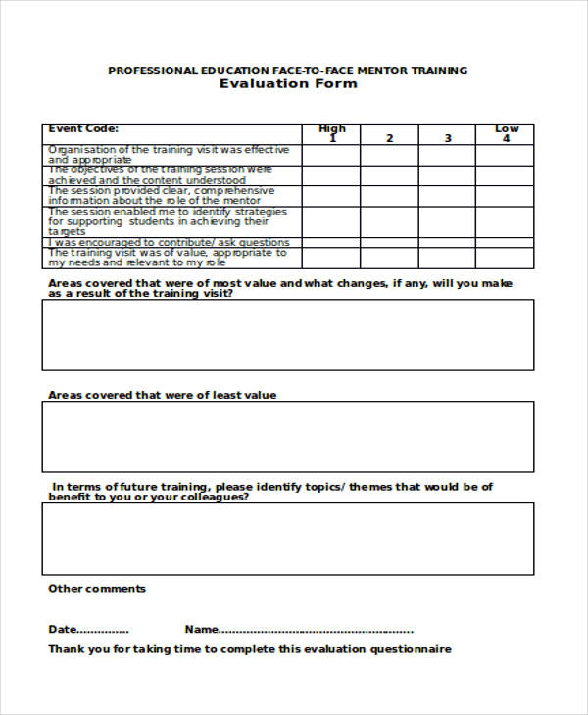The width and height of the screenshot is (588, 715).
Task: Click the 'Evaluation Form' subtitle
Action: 288,84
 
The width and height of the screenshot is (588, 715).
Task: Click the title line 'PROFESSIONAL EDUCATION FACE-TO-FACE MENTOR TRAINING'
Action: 288,71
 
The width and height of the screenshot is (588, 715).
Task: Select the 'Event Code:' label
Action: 84,128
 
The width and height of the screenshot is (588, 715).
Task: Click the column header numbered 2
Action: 389,138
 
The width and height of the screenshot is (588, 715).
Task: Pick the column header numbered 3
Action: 448,138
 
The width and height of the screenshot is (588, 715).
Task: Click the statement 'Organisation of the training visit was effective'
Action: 169,150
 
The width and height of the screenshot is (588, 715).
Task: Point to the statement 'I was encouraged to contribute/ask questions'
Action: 169,242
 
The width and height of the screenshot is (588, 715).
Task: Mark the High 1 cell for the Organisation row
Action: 331,155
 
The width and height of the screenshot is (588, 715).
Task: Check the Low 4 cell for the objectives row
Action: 506,175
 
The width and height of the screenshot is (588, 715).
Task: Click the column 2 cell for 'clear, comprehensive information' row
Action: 389,196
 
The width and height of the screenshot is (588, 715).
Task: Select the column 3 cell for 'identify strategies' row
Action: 448,221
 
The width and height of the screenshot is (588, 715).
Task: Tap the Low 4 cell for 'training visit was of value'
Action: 506,258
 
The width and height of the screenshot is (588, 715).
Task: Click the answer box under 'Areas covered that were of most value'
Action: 288,334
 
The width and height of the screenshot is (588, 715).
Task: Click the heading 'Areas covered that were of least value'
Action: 163,395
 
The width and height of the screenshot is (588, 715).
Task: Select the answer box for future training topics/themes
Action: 288,538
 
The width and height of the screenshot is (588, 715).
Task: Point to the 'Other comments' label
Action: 97,589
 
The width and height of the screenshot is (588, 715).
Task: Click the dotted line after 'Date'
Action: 103,630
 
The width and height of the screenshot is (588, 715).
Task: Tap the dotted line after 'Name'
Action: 316,630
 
